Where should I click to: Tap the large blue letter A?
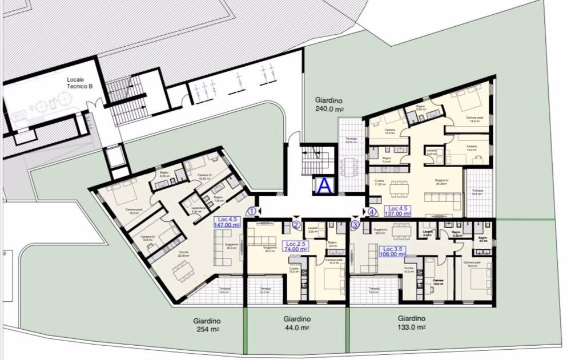click(324, 185)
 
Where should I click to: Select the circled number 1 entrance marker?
click(251, 211)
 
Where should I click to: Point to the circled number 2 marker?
click(296, 225)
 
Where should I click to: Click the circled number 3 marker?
click(355, 225)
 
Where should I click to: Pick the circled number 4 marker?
click(372, 211)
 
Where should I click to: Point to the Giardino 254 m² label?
click(207, 325)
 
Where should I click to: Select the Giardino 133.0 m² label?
click(411, 322)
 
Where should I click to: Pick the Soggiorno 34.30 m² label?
click(440, 181)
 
